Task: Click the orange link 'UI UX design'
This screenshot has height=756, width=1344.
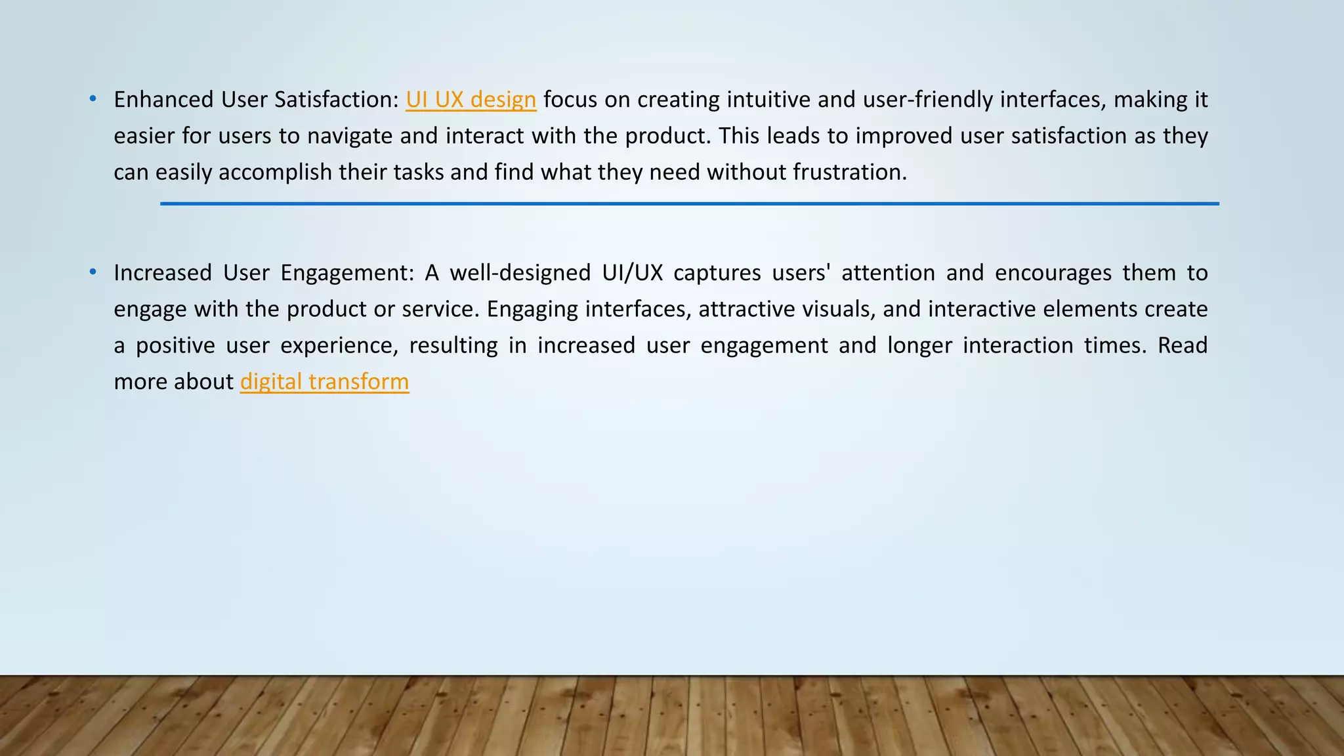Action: pyautogui.click(x=471, y=100)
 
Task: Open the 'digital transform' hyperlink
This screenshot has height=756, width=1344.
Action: pyautogui.click(x=324, y=382)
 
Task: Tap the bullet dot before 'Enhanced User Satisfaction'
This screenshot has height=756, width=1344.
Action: pyautogui.click(x=93, y=99)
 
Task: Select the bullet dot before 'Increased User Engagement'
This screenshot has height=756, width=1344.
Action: pyautogui.click(x=93, y=272)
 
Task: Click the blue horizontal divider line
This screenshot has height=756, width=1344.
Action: pyautogui.click(x=689, y=204)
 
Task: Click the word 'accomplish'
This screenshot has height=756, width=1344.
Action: pyautogui.click(x=275, y=172)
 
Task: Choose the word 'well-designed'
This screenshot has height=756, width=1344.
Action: pyautogui.click(x=520, y=272)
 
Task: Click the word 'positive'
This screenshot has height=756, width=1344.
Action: pyautogui.click(x=175, y=346)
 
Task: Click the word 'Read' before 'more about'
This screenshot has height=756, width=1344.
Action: pyautogui.click(x=1182, y=345)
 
